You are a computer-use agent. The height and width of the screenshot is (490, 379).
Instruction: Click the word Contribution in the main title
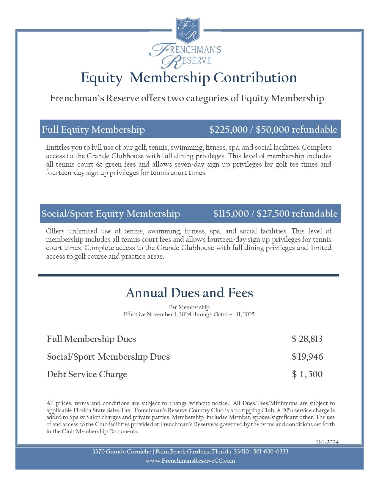coord(255,78)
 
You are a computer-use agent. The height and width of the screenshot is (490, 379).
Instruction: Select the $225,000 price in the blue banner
coord(228,129)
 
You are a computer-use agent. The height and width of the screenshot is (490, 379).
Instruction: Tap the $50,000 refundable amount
coord(296,129)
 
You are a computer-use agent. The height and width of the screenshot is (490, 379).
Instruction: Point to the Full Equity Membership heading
coord(93,129)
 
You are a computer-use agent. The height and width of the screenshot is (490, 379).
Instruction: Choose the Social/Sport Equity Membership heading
coord(111,214)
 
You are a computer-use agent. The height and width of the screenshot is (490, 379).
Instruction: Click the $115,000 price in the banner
coord(231,214)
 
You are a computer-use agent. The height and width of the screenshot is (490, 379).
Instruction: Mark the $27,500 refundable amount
coord(297,214)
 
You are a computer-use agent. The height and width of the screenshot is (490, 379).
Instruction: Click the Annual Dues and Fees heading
coord(189,293)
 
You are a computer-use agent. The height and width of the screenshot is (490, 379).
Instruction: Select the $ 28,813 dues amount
coord(307,339)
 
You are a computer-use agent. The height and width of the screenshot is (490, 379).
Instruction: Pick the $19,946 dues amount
coord(307,357)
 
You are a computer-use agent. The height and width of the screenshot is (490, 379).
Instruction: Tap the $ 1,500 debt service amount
coord(307,374)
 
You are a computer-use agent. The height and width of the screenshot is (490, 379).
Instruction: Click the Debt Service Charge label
coord(87,374)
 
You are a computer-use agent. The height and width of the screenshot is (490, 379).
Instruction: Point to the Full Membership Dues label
coord(91,339)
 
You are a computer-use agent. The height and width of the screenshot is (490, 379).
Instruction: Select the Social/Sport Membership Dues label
coord(108,357)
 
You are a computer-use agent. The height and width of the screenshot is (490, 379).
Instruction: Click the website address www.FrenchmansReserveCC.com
coord(190,461)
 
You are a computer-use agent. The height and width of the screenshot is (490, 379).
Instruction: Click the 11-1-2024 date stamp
coord(327,442)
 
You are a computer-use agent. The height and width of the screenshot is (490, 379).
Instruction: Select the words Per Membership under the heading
coord(189,307)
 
